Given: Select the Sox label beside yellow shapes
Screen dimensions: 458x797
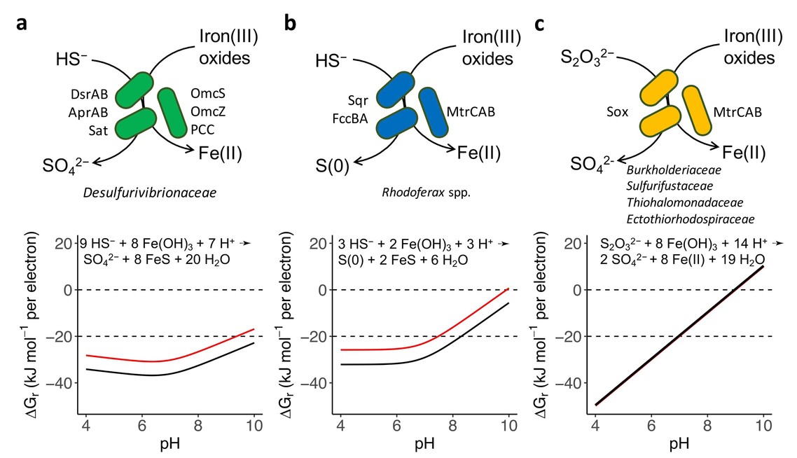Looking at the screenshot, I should pos(617,111).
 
